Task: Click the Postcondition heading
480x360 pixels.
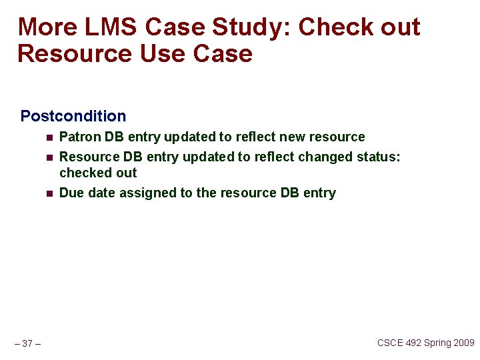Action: (x=73, y=116)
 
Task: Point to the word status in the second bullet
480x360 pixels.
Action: (x=380, y=157)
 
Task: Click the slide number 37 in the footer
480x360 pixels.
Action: (x=27, y=343)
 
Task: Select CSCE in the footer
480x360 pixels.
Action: (x=390, y=343)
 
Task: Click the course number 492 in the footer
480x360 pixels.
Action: (x=413, y=343)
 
